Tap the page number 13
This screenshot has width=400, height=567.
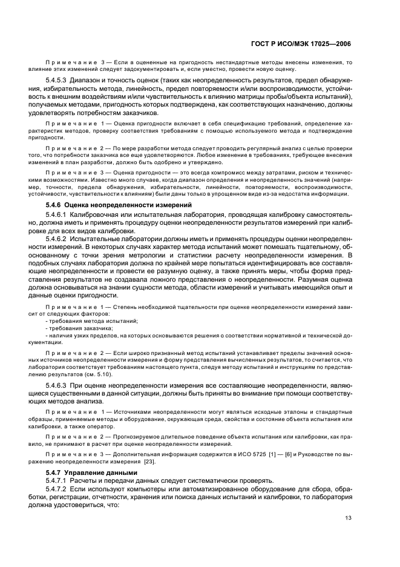[x=348, y=517]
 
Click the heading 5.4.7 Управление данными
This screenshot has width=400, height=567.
[x=91, y=471]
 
